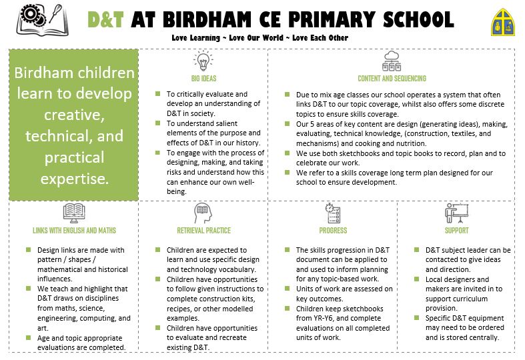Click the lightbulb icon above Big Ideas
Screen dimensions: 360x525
[x=203, y=62]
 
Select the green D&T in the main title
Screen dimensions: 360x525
[x=106, y=19]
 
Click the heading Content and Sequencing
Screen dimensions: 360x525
[x=392, y=79]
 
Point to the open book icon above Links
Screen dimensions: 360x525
[x=73, y=213]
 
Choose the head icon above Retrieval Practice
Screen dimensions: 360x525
[x=203, y=213]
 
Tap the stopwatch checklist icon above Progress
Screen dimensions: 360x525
[x=333, y=213]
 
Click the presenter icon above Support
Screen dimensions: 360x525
[x=456, y=213]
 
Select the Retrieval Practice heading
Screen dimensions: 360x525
[x=203, y=231]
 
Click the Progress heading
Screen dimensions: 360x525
[x=333, y=231]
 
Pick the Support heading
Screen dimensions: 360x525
[x=456, y=231]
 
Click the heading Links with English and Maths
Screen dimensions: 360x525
[x=73, y=231]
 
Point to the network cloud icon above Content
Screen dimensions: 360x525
[x=392, y=61]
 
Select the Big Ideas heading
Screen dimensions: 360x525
[x=203, y=79]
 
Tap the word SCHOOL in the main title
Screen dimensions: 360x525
[x=420, y=19]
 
